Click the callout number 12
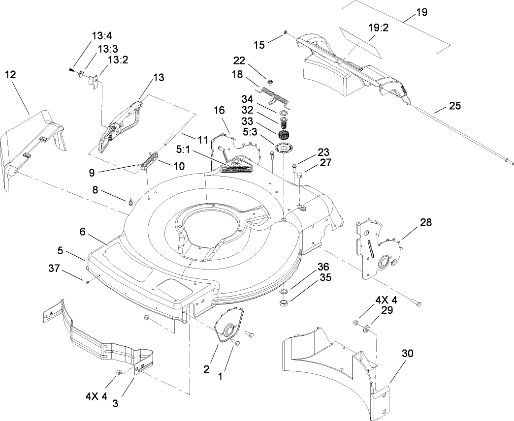click(x=10, y=75)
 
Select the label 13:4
click(x=102, y=36)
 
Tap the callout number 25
click(x=455, y=106)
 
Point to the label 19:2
click(x=379, y=28)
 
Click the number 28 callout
click(x=426, y=222)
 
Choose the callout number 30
click(x=407, y=353)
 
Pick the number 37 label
click(x=54, y=268)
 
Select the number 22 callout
click(x=239, y=60)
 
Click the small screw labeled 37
click(x=87, y=282)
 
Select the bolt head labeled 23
click(x=294, y=166)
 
